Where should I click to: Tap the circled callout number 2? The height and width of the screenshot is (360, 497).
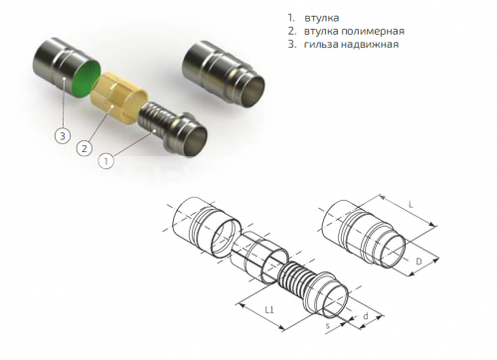pyautogui.click(x=85, y=149)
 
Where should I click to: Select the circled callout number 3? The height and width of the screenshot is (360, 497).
pyautogui.click(x=62, y=131)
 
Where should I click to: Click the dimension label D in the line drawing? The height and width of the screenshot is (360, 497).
pyautogui.click(x=420, y=262)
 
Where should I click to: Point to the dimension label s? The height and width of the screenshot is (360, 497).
pyautogui.click(x=327, y=326)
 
